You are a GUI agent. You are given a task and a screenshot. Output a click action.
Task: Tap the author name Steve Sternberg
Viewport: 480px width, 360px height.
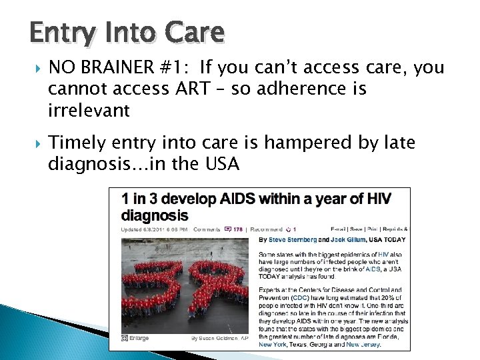coord(289,239)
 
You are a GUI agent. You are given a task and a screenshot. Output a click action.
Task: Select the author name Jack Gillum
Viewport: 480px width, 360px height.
coord(346,239)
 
